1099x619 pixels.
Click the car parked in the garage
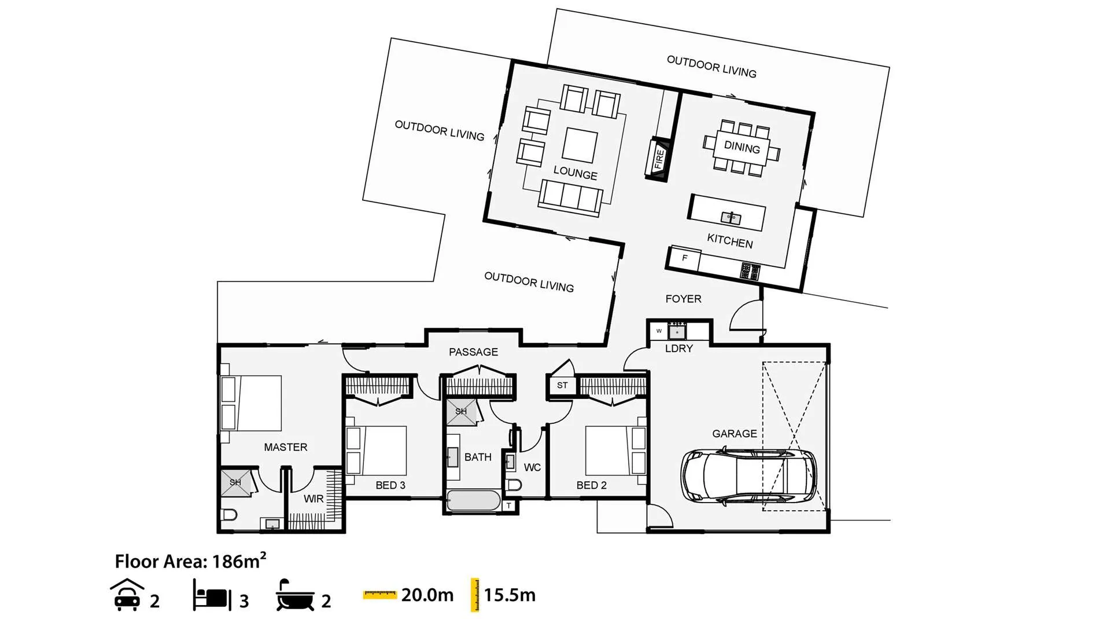749,475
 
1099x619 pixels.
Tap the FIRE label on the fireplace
659,158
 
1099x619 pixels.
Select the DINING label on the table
742,147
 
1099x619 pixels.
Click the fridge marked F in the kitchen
684,258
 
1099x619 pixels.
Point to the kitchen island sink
731,218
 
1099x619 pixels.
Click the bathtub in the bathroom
474,501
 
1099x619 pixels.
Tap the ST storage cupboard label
562,385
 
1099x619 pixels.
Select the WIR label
314,499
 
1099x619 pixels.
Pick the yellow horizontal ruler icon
379,595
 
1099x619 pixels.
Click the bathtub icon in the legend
295,595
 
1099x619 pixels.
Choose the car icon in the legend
127,595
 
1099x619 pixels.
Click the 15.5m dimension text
510,595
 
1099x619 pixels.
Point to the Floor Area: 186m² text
190,561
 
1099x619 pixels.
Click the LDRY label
679,349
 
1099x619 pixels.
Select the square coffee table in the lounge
580,145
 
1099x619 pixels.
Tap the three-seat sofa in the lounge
571,198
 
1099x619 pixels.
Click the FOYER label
683,299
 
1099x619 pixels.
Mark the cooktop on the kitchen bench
750,271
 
